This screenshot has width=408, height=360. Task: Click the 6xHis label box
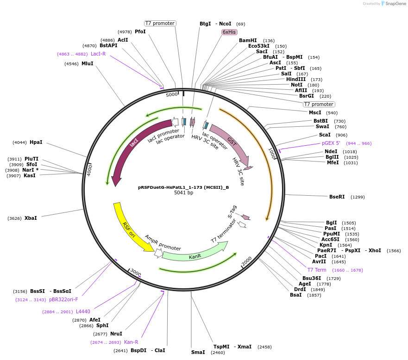click(229, 32)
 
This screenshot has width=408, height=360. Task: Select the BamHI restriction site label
click(248, 40)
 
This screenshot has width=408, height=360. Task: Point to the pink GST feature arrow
click(230, 143)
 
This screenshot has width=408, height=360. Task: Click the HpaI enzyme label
click(36, 142)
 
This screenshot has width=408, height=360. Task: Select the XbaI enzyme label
click(31, 218)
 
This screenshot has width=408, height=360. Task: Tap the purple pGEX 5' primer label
click(331, 143)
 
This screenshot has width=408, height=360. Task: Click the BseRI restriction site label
click(337, 197)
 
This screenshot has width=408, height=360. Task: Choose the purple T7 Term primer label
click(317, 270)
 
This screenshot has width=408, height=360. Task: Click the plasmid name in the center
click(183, 187)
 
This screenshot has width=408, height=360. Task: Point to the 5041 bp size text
click(183, 193)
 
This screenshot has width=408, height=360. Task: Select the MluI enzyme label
click(87, 63)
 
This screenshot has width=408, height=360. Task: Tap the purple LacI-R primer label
click(98, 54)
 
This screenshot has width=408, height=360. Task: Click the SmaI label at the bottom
click(198, 352)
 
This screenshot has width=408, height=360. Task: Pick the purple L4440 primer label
click(83, 311)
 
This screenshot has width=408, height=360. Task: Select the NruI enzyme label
click(116, 334)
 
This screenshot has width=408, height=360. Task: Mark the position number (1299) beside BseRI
click(358, 197)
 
